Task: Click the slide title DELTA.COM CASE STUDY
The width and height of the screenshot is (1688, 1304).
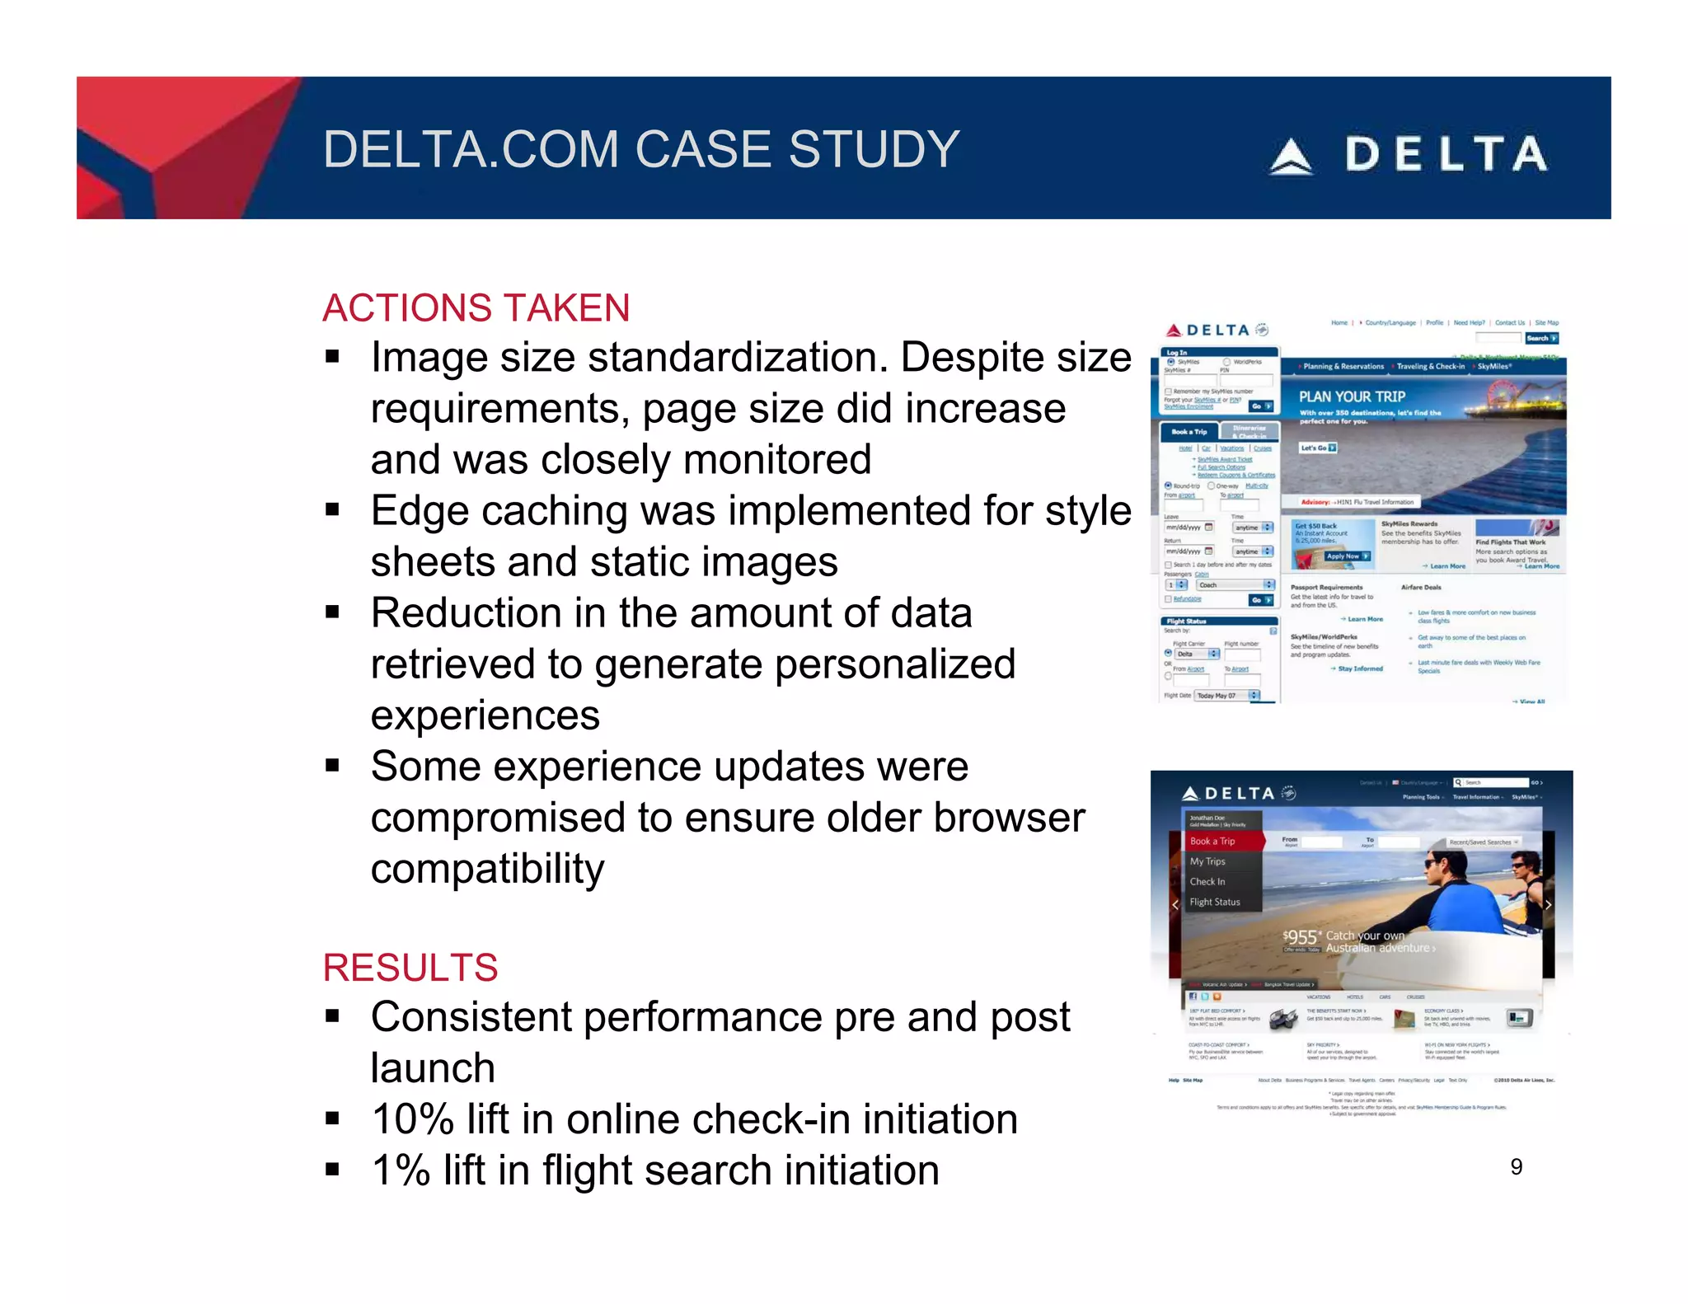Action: [x=640, y=149]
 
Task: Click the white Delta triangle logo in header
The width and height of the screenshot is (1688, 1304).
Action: [x=1291, y=157]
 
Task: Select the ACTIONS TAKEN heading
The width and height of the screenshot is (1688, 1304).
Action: [x=476, y=308]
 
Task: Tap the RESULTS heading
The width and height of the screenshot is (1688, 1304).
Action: [x=410, y=968]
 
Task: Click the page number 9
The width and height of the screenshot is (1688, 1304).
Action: [x=1516, y=1166]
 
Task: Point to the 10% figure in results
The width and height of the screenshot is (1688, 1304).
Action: [x=413, y=1119]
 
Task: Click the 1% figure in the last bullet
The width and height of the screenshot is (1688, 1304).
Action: [x=401, y=1170]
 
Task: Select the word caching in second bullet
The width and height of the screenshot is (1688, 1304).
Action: [x=558, y=511]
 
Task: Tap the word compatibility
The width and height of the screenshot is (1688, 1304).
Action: [x=487, y=869]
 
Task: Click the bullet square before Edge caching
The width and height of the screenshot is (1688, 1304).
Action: [x=332, y=510]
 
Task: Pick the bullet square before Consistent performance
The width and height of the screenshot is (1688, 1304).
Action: [x=332, y=1016]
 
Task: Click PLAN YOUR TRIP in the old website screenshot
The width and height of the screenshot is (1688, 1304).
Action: [x=1352, y=396]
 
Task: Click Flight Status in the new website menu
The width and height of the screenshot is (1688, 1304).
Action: [x=1214, y=902]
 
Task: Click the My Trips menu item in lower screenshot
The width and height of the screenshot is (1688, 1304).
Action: [x=1207, y=861]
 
